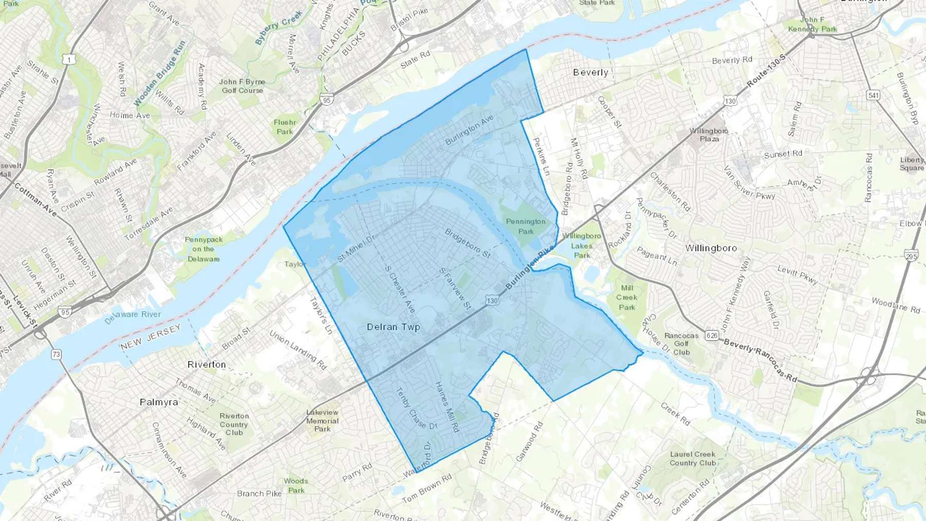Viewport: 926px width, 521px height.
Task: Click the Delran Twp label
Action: [394, 327]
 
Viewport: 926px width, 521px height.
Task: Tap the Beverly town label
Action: [591, 73]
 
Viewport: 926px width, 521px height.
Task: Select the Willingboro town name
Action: [711, 248]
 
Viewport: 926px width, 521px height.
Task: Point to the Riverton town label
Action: [207, 365]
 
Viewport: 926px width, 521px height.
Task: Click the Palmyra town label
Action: [159, 402]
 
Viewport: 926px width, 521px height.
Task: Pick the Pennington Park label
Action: [526, 226]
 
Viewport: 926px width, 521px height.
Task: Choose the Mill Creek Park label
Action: [627, 298]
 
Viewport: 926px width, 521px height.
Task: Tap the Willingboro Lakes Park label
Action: [581, 245]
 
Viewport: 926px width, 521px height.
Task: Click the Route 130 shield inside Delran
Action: [492, 301]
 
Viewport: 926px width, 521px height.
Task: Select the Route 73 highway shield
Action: [56, 354]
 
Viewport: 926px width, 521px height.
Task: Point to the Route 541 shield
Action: [873, 95]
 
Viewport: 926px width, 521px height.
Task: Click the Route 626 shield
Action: [712, 336]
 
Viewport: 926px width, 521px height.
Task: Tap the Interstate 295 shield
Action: [911, 256]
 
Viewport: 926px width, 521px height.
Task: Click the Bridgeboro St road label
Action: [468, 243]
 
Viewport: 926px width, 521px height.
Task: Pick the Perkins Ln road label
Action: [541, 156]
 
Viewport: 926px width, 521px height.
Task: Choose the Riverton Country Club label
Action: [234, 424]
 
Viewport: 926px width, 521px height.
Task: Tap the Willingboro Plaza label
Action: [709, 135]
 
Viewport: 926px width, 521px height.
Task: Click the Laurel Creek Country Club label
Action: [692, 459]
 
